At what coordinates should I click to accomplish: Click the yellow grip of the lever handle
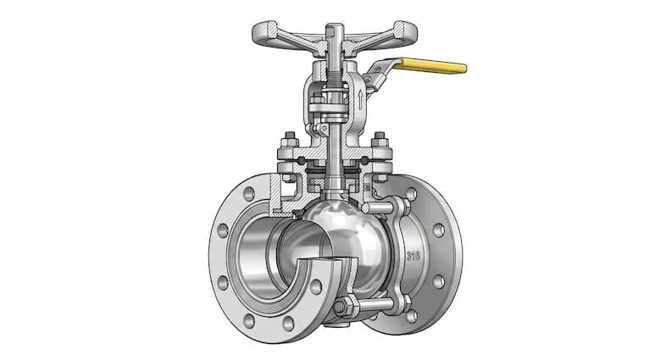(x=433, y=66)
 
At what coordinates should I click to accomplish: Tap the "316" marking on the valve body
(x=414, y=256)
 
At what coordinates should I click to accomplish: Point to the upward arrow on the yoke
(x=360, y=97)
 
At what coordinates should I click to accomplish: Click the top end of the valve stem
(x=335, y=26)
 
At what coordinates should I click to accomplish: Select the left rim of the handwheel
(x=264, y=33)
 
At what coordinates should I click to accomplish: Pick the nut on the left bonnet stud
(x=290, y=138)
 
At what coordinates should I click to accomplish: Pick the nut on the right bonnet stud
(x=380, y=138)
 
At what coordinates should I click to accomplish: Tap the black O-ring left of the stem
(x=302, y=161)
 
